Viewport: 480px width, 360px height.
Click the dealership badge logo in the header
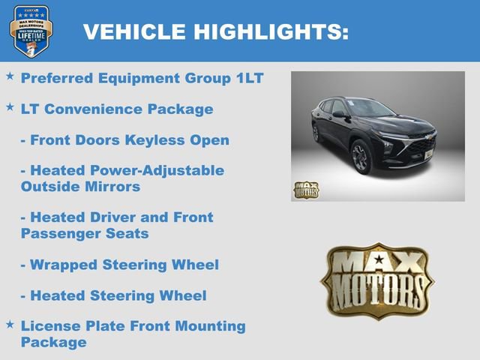tap(31, 31)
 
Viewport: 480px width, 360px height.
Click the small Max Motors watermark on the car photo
tap(306, 190)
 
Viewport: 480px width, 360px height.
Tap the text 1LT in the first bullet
tap(246, 78)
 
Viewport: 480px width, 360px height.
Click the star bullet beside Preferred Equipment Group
tap(10, 76)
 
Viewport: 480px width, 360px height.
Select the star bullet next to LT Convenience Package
tap(10, 107)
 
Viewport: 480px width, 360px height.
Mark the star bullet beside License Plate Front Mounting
tap(10, 324)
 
